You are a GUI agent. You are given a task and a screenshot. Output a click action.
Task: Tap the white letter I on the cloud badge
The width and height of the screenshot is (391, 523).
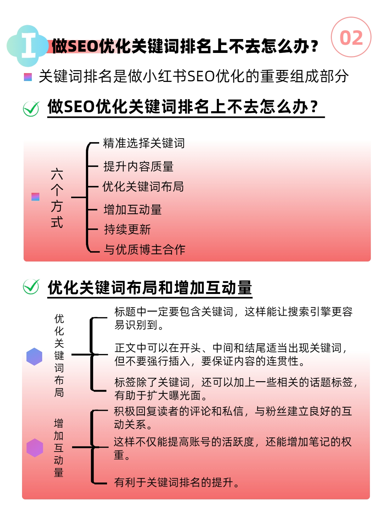pyautogui.click(x=29, y=45)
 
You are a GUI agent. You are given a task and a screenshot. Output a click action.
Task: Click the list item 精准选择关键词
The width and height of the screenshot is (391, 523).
pyautogui.click(x=144, y=143)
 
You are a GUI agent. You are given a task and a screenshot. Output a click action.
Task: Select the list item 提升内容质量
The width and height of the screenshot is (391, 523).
pyautogui.click(x=138, y=166)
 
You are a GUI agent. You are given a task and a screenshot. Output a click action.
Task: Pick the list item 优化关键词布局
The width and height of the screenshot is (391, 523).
pyautogui.click(x=143, y=186)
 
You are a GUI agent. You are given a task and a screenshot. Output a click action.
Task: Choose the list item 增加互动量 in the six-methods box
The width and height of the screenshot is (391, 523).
pyautogui.click(x=133, y=210)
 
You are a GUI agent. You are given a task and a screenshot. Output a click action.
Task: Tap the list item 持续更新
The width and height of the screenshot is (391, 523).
pyautogui.click(x=127, y=229)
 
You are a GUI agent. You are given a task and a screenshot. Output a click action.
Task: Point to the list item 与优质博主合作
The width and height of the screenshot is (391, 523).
pyautogui.click(x=144, y=250)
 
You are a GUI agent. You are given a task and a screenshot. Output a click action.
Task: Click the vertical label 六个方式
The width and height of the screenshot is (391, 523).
pyautogui.click(x=57, y=198)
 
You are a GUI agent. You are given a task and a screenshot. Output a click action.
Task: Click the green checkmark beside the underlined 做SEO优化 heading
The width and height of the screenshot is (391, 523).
pyautogui.click(x=31, y=109)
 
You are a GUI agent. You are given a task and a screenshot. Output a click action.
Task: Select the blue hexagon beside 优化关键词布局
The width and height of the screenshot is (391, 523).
pyautogui.click(x=34, y=356)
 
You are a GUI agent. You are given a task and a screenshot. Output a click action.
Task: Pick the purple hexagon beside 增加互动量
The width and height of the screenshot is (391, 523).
pyautogui.click(x=35, y=448)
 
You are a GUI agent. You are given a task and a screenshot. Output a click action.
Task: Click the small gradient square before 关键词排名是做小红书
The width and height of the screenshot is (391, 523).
pyautogui.click(x=28, y=77)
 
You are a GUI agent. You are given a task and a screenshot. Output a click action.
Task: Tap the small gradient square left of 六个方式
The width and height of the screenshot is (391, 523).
pyautogui.click(x=36, y=197)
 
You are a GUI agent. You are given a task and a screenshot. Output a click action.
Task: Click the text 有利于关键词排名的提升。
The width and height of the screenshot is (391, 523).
pyautogui.click(x=177, y=482)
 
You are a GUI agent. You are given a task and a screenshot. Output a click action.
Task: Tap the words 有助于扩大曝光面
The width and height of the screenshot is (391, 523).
pyautogui.click(x=157, y=395)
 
